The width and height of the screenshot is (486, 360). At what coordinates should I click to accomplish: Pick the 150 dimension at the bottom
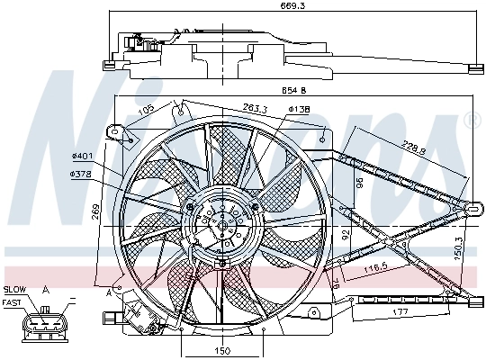click(223, 351)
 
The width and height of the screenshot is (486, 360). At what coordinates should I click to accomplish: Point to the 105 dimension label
click(145, 110)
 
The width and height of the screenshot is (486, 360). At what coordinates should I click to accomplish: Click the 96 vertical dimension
click(357, 183)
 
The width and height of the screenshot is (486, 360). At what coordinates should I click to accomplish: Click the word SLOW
click(14, 290)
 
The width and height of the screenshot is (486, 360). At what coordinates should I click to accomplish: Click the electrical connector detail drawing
click(42, 326)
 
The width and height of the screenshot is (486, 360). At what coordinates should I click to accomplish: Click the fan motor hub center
click(222, 221)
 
